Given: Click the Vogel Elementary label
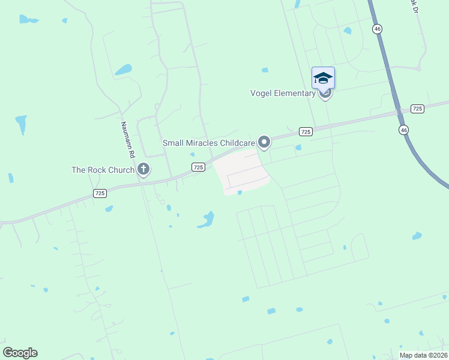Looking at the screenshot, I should coord(283,93).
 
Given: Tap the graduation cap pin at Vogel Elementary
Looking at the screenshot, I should coord(323,78).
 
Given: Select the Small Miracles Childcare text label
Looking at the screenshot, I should coord(209,143).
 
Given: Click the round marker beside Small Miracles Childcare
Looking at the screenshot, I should coord(264,142).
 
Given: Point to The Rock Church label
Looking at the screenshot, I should coord(103,170).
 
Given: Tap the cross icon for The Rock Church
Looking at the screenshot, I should coord(143,170).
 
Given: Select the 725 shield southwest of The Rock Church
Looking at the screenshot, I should coord(100,193).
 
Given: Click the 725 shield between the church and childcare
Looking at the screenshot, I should coord(199,166).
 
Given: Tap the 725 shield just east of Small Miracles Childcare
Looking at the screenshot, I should coord(306,131).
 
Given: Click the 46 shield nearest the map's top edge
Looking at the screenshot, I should coord(377,28).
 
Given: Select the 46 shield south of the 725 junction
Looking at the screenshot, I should coord(403,130).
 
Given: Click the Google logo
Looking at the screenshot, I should coord(20,352).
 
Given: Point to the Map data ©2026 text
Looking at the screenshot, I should coord(424,355).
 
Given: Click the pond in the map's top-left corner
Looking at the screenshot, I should coord(27,19).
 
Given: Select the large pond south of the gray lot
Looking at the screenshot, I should coord(206,220).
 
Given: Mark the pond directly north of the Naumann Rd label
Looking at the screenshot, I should coord(123,69).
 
